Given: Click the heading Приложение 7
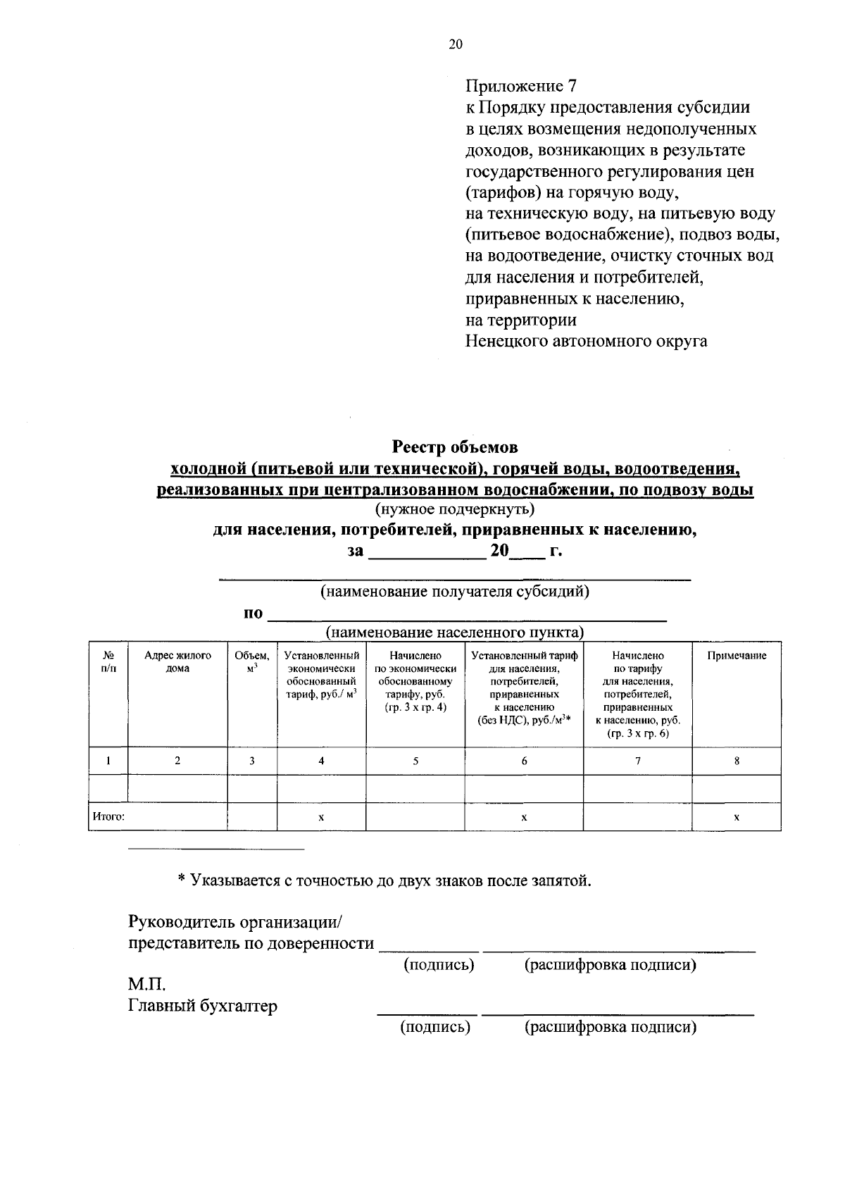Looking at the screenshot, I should (520, 86).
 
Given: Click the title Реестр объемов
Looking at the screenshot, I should (455, 447).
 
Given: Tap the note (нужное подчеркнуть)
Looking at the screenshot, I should (455, 508).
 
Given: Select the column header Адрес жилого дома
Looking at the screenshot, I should (177, 661).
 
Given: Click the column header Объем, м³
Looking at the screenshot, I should (251, 661).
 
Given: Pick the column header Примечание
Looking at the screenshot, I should (737, 655).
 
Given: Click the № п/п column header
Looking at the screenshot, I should (108, 661).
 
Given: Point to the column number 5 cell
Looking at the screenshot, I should (415, 761).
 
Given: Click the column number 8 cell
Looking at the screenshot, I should (737, 761).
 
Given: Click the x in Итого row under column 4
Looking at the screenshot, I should (321, 817).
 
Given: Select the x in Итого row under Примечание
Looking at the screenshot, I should (737, 817).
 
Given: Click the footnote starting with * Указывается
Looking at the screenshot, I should (384, 880).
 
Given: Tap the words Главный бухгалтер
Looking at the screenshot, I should (202, 1006).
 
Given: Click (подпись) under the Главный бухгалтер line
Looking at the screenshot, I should (435, 1027).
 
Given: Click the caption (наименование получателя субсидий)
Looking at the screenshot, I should (455, 591).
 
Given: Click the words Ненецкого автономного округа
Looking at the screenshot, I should (586, 342).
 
